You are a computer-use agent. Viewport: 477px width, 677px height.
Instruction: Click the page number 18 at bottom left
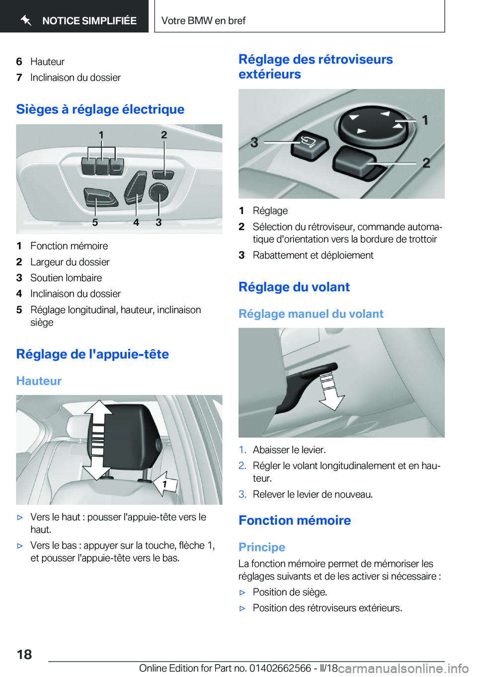coord(24,654)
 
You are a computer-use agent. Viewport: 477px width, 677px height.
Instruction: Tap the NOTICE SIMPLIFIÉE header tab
coord(79,20)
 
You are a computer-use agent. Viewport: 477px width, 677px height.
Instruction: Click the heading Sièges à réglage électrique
coord(100,109)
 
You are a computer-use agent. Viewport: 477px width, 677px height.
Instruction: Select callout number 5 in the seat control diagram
coord(95,222)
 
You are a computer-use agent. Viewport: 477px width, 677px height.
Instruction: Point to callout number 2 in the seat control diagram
coord(164,135)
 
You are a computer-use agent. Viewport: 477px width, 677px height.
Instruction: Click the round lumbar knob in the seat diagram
coord(159,191)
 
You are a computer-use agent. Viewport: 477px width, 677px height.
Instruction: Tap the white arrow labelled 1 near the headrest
coord(165,484)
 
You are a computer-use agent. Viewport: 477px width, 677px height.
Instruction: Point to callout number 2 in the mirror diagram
coord(426,163)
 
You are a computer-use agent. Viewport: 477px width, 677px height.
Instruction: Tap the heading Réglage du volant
coord(294,287)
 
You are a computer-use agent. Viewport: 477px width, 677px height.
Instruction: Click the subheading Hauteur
coord(39,381)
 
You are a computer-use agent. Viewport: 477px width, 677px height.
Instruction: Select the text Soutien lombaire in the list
coord(66,278)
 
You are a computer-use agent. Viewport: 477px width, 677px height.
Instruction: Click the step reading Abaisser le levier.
coord(289,450)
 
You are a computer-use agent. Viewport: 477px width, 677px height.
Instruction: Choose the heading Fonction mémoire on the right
coord(295,520)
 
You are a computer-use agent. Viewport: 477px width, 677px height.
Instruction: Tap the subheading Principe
coord(262,547)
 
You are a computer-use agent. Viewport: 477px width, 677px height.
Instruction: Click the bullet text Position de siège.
coord(290,592)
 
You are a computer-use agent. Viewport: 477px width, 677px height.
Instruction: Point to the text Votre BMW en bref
coord(203,20)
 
